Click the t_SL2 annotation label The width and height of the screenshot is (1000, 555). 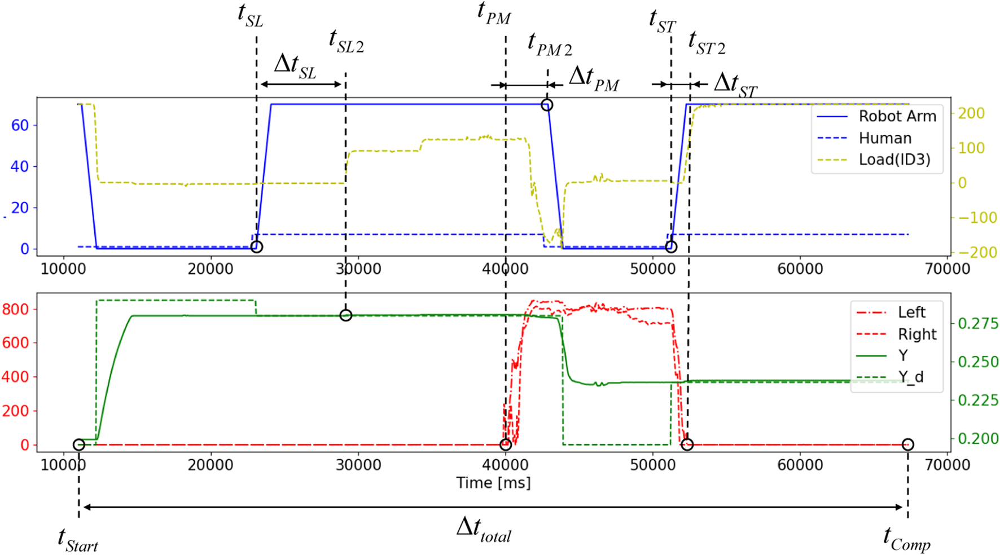point(346,41)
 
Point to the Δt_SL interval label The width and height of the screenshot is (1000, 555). point(295,66)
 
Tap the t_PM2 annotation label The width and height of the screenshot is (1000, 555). point(549,44)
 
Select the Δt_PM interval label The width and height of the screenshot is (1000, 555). point(594,78)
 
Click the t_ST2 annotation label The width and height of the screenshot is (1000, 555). point(707,43)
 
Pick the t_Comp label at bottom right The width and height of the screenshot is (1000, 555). point(906,538)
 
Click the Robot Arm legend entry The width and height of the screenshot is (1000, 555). point(897,116)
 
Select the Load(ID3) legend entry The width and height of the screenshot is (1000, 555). point(894,160)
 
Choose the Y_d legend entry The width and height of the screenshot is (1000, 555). point(910,377)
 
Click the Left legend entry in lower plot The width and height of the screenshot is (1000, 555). point(911,312)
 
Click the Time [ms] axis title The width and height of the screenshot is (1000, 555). point(493,483)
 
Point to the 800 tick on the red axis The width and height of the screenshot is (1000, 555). point(16,309)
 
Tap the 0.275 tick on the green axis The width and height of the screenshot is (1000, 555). point(978,324)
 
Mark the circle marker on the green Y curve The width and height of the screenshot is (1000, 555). point(346,315)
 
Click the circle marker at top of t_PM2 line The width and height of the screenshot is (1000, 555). point(546,105)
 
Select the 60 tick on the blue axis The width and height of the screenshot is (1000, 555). point(20,125)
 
